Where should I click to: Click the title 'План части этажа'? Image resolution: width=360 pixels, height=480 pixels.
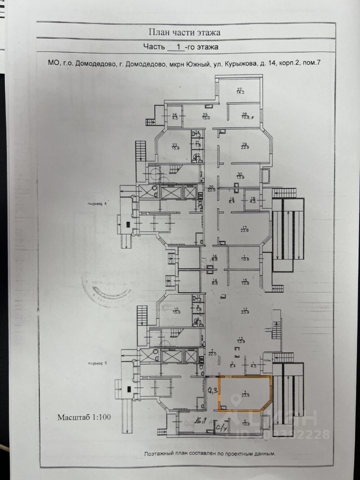[184, 32]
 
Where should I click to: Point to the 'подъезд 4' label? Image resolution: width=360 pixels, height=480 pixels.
[97, 204]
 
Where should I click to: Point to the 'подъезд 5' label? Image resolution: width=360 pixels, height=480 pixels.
[97, 363]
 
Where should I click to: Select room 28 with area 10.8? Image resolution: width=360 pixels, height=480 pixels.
[245, 116]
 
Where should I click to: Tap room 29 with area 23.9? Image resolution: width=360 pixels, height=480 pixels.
[245, 146]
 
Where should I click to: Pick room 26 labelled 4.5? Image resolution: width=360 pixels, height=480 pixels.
[175, 117]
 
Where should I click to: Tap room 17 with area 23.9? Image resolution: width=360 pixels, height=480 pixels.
[245, 228]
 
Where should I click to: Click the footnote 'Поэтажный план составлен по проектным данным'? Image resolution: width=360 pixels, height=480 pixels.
[209, 454]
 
